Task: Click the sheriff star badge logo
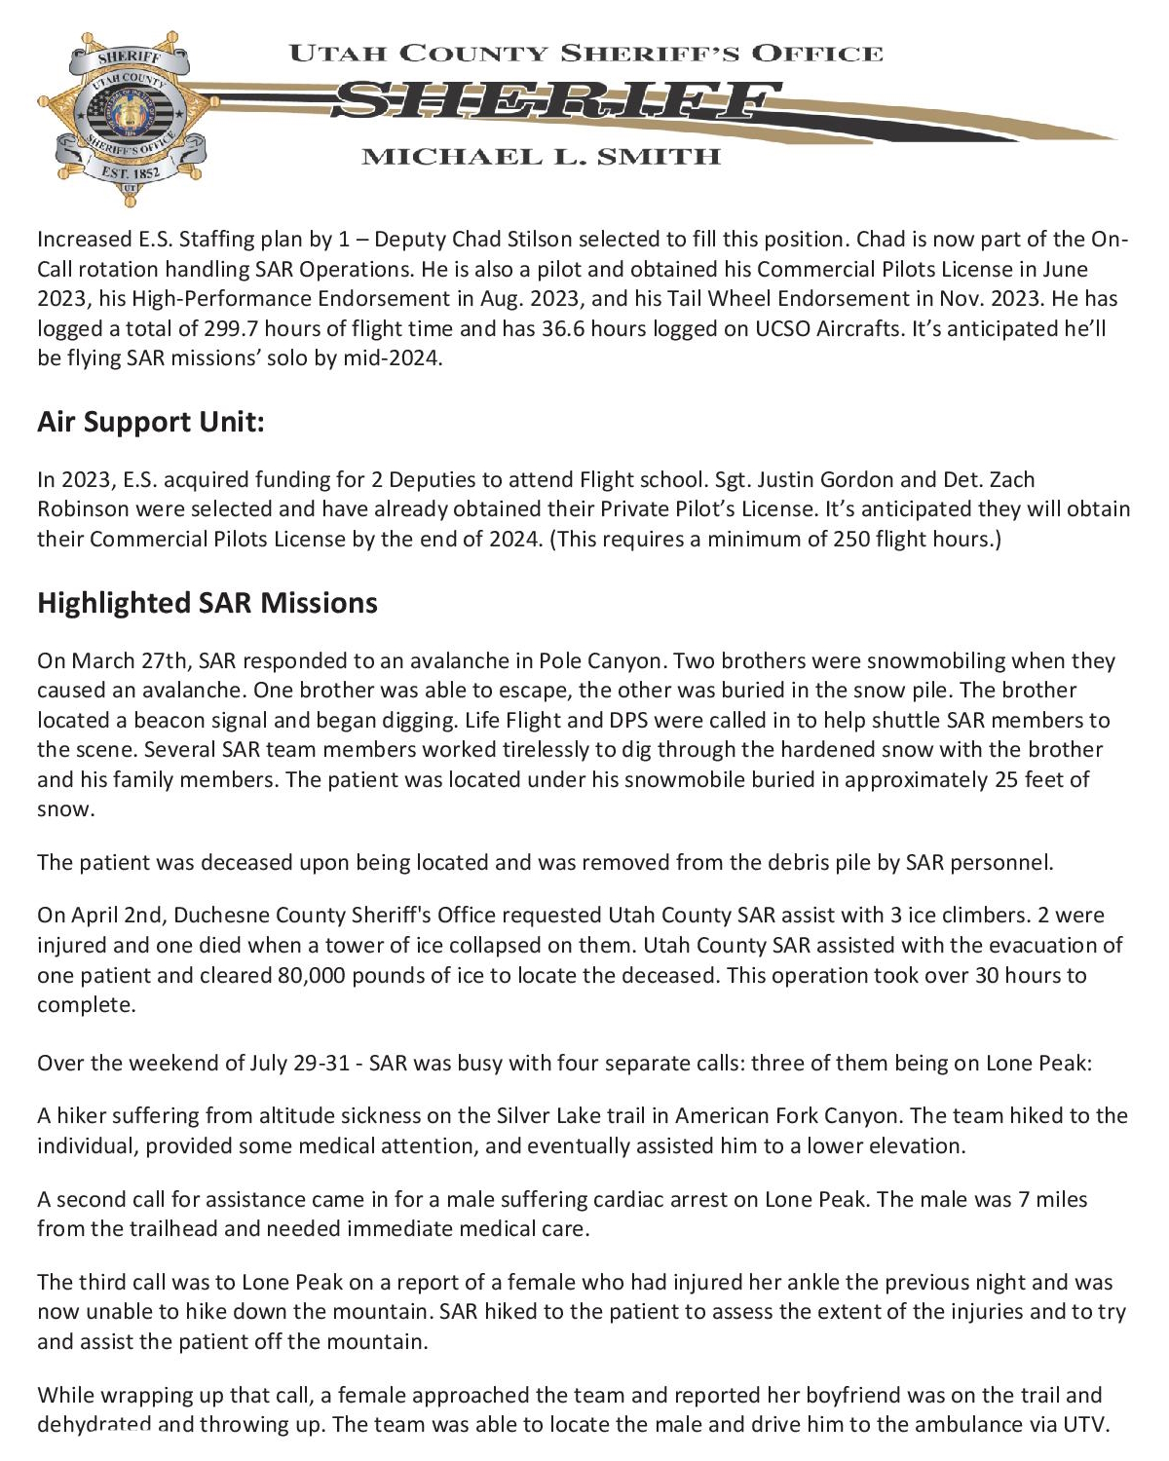point(124,118)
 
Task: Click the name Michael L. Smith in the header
point(541,157)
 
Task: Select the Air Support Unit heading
point(151,422)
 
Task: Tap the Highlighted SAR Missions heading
point(207,603)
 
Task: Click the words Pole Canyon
point(602,660)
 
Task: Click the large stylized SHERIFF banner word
point(555,101)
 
